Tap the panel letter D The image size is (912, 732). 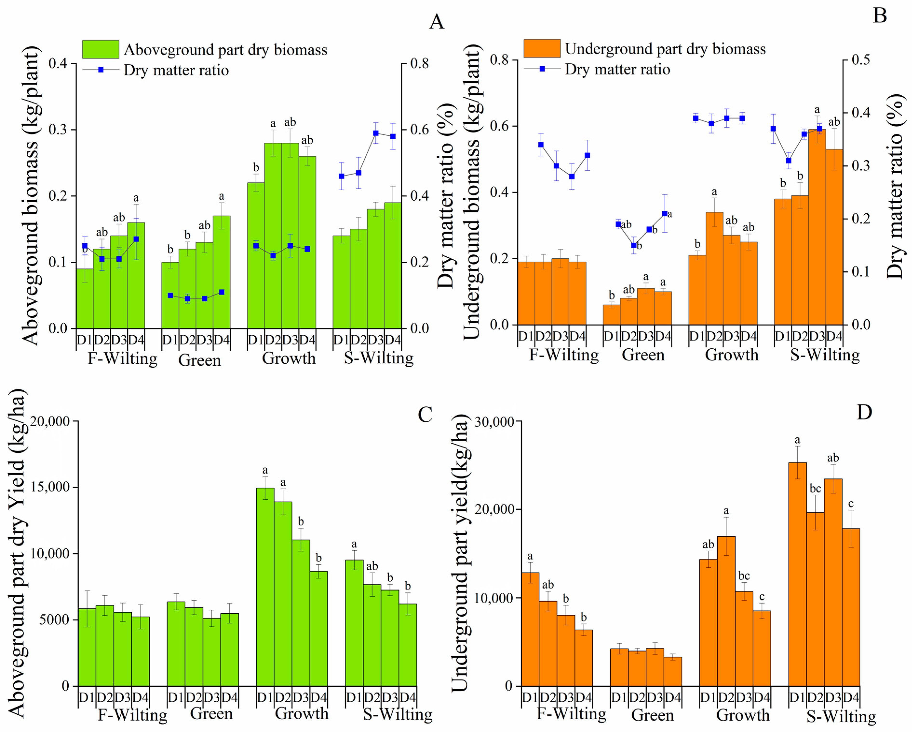[864, 412]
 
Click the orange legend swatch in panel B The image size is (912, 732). [542, 49]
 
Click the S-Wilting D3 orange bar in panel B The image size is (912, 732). [817, 228]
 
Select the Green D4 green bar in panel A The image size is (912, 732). [222, 273]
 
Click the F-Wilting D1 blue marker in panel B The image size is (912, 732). [541, 145]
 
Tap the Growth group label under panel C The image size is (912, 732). [302, 713]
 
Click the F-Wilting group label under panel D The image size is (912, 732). [571, 713]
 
